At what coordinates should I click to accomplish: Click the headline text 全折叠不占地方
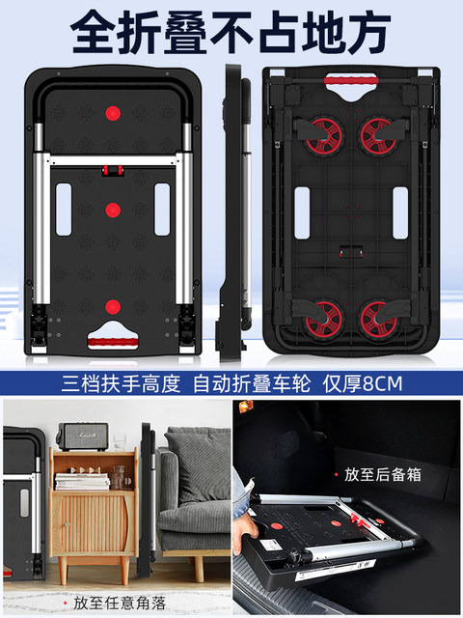231,32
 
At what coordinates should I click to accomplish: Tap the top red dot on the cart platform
113,114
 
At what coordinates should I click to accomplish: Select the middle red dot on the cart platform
113,211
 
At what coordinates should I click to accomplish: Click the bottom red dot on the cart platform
113,307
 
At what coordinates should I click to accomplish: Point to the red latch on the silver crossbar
113,170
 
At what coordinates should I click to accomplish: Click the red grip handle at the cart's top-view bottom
113,342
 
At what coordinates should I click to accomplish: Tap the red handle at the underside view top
351,81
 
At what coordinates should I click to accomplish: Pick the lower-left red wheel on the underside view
324,319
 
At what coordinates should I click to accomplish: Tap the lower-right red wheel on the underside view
379,319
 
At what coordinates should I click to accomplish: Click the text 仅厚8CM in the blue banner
363,383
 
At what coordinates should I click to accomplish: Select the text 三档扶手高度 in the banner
121,383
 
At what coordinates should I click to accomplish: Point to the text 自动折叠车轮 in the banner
252,383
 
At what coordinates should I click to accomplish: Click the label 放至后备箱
383,474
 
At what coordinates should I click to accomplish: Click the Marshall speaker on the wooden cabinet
83,436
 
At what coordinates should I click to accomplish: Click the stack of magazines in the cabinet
82,481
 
